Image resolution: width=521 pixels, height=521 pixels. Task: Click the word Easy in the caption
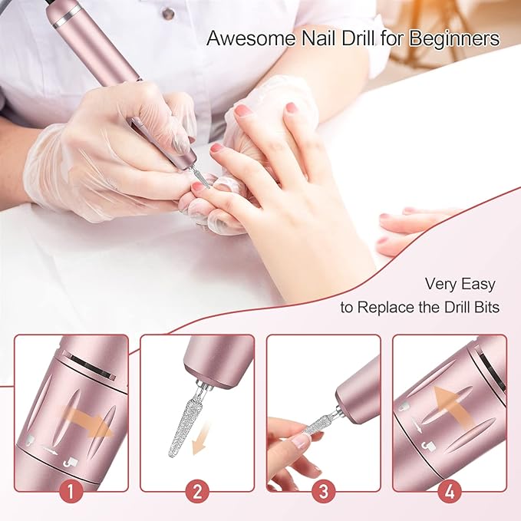click(x=478, y=285)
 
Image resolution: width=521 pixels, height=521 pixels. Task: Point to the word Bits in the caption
click(x=485, y=308)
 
